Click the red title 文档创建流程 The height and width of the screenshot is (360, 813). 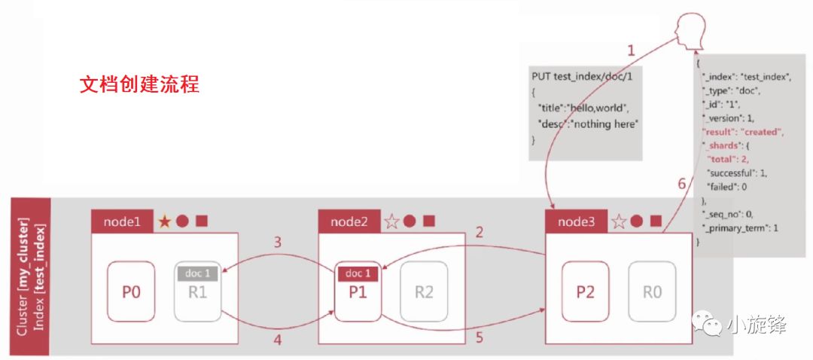[x=139, y=84]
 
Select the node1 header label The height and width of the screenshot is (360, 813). [x=122, y=221]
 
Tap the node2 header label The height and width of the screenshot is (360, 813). [x=349, y=221]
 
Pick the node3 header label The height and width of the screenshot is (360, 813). [x=576, y=221]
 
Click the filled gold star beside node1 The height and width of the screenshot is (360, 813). [x=164, y=221]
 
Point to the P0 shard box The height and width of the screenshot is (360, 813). [x=131, y=292]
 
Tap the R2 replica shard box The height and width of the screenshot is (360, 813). [x=425, y=292]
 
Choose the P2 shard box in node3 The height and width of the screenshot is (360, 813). [x=586, y=292]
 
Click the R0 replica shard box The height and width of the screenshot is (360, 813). [x=653, y=292]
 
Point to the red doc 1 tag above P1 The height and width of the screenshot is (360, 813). [x=358, y=273]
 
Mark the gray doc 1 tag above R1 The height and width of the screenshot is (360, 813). [x=198, y=273]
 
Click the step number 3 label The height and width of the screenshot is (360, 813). [x=277, y=243]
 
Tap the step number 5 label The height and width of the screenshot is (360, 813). [x=480, y=338]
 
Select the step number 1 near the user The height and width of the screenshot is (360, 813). [x=631, y=50]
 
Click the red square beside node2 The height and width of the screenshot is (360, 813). [x=428, y=221]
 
